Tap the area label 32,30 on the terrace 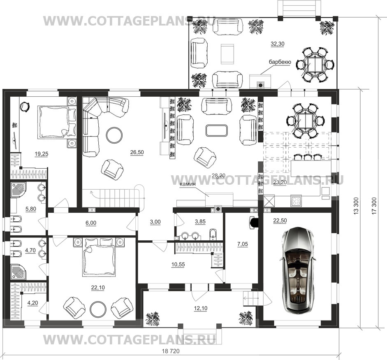(x=278, y=44)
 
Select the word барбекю (x=280, y=62)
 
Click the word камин (x=188, y=184)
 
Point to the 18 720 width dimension (x=171, y=351)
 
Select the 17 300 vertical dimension (x=374, y=206)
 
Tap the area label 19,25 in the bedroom (x=42, y=154)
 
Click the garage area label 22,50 (x=280, y=221)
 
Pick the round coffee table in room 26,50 (x=114, y=135)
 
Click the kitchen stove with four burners (x=296, y=200)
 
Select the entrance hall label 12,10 (x=201, y=308)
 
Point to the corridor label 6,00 (x=91, y=223)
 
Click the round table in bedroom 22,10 (x=98, y=309)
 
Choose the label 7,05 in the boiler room (x=242, y=244)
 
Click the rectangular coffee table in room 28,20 (x=216, y=130)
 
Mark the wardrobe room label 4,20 (x=32, y=303)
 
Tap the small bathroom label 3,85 (x=200, y=222)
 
